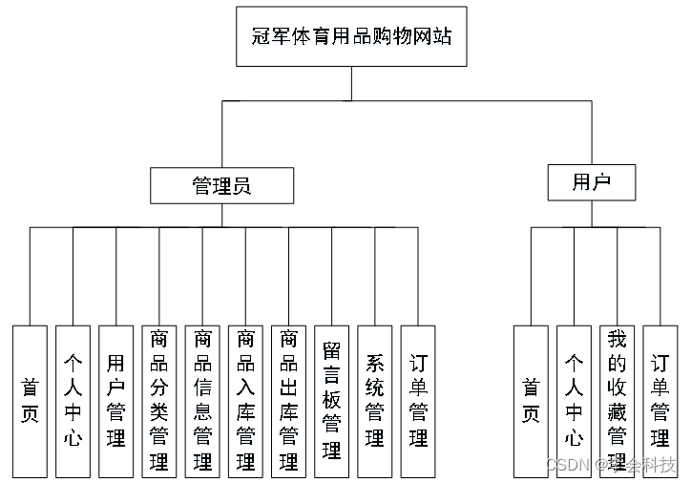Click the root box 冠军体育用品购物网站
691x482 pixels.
[x=351, y=37]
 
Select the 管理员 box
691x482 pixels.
[x=221, y=185]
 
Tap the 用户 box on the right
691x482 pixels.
[x=591, y=182]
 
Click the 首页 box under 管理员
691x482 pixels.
[x=30, y=401]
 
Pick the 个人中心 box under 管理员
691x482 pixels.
[x=73, y=401]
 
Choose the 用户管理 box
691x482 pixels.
[x=115, y=401]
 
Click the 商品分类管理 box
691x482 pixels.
[x=158, y=401]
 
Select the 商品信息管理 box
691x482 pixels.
[x=202, y=401]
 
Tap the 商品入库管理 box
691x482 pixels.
[x=245, y=401]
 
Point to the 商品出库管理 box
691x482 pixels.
[x=288, y=401]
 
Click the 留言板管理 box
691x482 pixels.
[x=331, y=401]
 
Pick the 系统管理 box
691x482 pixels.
[x=375, y=401]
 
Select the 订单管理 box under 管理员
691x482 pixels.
[x=418, y=401]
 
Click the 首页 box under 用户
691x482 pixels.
[x=531, y=401]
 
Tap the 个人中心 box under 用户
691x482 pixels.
[x=574, y=401]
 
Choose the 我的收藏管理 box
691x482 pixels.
[x=617, y=401]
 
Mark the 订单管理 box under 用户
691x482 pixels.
[x=660, y=401]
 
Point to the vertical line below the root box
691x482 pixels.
[x=351, y=83]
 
